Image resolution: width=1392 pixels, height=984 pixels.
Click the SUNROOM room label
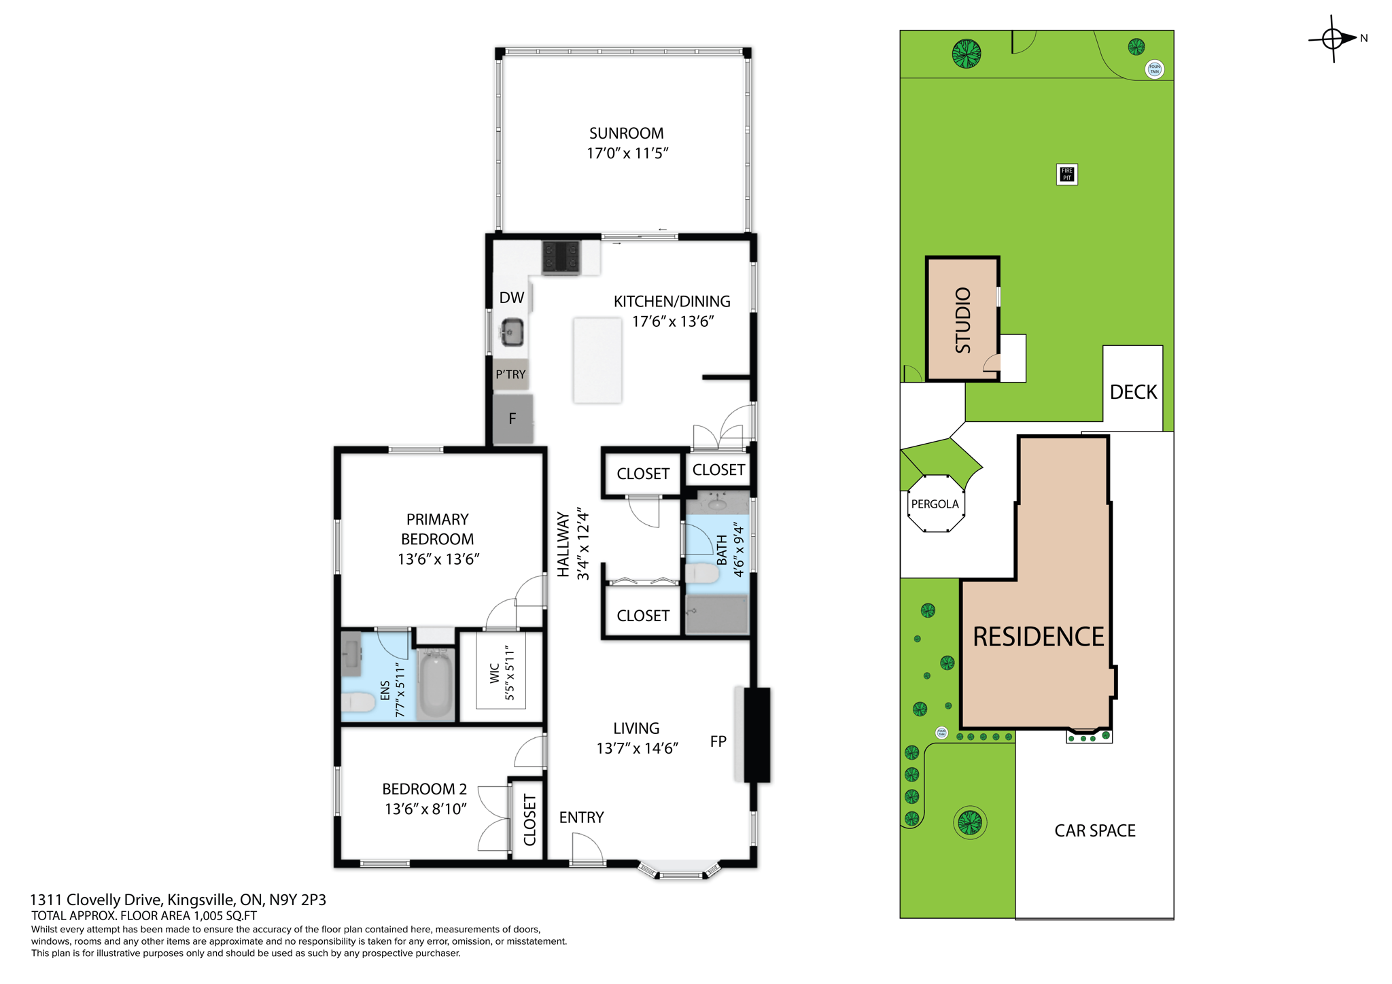pos(626,133)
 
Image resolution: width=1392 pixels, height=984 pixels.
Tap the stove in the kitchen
pos(561,258)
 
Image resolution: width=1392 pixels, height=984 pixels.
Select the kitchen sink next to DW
pos(512,332)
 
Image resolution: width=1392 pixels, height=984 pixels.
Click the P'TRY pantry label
pos(510,374)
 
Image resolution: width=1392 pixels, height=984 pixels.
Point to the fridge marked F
pos(512,419)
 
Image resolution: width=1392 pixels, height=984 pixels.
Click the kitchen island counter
pos(597,360)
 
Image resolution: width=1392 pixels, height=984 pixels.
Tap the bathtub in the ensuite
pos(435,684)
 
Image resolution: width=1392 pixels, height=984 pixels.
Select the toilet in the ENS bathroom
pos(358,701)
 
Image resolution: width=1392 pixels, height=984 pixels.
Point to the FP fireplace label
pos(718,741)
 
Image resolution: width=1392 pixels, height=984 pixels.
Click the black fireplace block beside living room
pos(756,735)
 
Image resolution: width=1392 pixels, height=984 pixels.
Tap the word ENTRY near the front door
pos(581,818)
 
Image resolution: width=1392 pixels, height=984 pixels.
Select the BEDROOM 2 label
pos(424,789)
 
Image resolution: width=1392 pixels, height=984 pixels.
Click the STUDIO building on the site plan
pos(962,319)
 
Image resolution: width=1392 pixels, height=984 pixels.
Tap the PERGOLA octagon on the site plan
pos(935,504)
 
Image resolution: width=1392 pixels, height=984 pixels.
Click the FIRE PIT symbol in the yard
pos(1066,174)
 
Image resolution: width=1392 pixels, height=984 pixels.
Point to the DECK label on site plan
pos(1133,392)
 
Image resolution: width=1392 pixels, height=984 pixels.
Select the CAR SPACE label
pos(1094,830)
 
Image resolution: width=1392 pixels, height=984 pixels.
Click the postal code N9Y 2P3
pos(298,900)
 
